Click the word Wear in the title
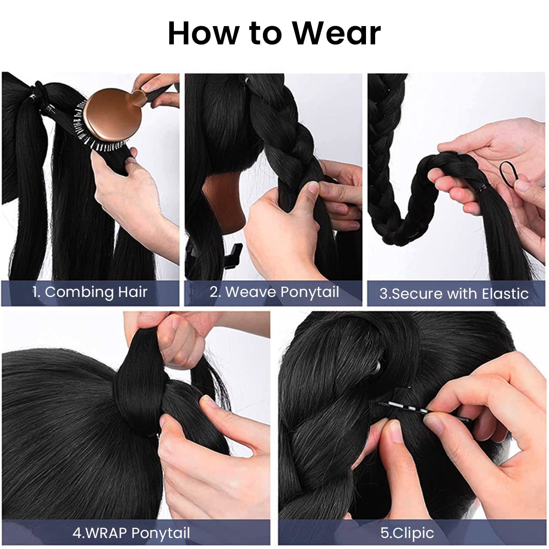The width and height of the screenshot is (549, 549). pos(337,33)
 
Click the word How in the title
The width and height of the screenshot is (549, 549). pos(203,33)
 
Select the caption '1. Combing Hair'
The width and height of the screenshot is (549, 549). pos(90,292)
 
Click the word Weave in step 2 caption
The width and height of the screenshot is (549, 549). pos(251,292)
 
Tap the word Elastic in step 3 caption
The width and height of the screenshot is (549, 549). pos(505,294)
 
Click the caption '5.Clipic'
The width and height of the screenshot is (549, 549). pos(407,533)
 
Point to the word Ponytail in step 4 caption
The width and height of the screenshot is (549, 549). pos(161,533)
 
